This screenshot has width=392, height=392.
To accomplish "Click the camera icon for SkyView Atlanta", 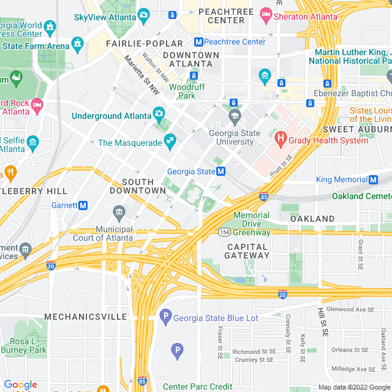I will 144,15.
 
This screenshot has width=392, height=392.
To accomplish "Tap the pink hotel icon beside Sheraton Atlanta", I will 266,13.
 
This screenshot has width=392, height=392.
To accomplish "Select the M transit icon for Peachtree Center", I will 198,42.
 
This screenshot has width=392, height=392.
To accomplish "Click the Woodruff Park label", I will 182,91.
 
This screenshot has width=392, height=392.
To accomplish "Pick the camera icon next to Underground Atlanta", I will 159,113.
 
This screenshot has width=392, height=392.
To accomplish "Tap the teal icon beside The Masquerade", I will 170,141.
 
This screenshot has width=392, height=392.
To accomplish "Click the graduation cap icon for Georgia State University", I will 234,116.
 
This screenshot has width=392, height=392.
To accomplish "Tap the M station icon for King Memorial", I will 373,179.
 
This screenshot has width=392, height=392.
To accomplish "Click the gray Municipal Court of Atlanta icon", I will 119,213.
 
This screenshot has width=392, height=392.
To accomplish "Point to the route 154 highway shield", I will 225,232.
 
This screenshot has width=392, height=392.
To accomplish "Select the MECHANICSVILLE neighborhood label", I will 85,317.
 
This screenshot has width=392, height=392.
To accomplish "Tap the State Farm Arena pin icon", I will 77,43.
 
